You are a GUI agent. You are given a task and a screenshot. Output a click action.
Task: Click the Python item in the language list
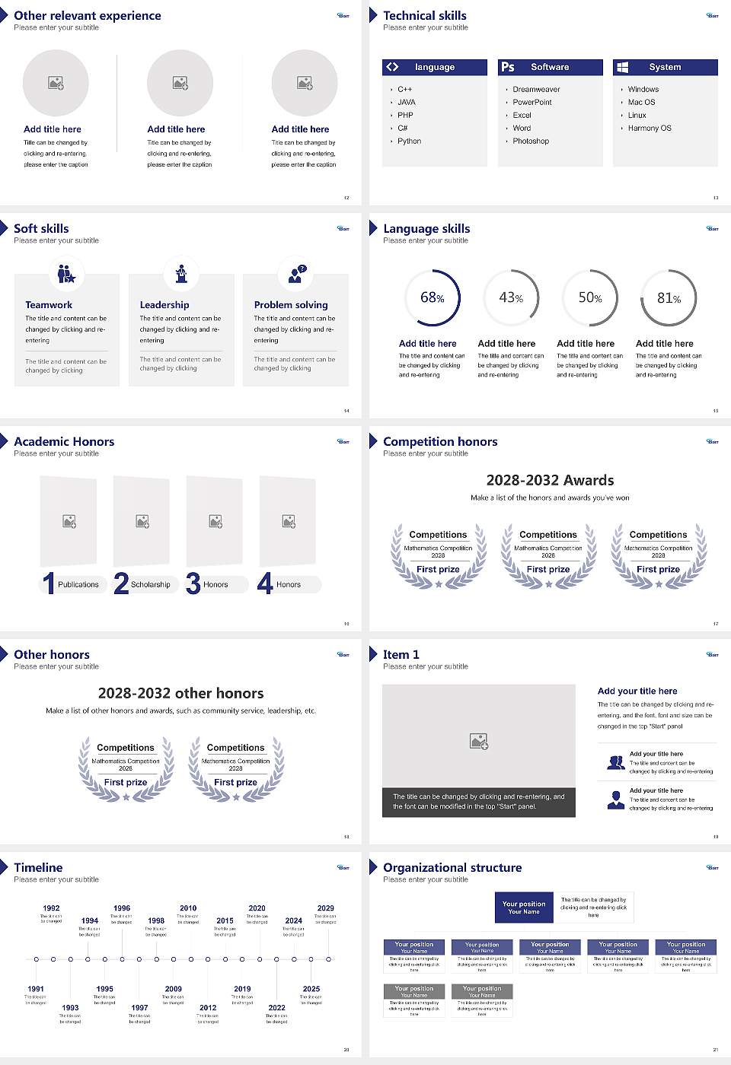(409, 141)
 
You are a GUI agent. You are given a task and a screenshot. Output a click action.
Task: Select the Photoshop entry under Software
(531, 141)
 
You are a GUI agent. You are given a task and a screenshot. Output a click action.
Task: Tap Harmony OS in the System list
(650, 129)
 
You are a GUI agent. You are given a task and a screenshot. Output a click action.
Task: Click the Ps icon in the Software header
(508, 67)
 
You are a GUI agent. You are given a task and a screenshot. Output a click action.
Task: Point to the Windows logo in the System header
(622, 67)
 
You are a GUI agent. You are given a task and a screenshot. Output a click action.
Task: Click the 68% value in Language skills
(432, 297)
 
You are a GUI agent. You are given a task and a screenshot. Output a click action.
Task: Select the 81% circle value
(669, 298)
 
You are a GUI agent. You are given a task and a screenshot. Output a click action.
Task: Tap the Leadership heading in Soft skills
(164, 304)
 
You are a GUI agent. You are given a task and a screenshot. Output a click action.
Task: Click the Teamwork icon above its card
(66, 273)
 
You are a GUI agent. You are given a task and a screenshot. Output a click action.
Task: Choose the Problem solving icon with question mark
(295, 274)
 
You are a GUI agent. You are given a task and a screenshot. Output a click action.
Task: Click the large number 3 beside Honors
(193, 583)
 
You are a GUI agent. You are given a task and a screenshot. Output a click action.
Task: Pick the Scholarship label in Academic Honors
(150, 585)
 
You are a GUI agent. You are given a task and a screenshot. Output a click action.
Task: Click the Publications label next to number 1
(78, 585)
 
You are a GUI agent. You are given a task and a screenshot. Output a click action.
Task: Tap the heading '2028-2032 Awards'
(550, 480)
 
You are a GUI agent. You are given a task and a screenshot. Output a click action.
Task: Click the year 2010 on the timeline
(188, 908)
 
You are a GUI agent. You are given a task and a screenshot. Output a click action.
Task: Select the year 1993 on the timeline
(70, 1008)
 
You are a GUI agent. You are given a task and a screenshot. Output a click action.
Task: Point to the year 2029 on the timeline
(325, 908)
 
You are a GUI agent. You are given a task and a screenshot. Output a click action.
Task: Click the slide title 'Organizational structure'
(452, 867)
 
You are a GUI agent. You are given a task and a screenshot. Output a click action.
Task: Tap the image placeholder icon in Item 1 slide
(479, 741)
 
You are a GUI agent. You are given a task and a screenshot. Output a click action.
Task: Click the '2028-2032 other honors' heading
(180, 693)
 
